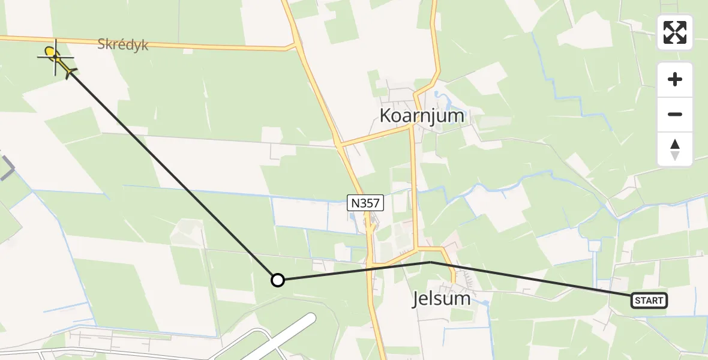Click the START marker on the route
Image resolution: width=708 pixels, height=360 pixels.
pyautogui.click(x=649, y=300)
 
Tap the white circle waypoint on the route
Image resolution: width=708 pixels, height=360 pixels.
pyautogui.click(x=277, y=280)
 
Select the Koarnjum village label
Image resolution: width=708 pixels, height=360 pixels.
pyautogui.click(x=422, y=116)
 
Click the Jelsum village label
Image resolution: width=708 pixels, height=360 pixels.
pyautogui.click(x=441, y=299)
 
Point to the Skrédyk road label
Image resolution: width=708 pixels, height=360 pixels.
pyautogui.click(x=122, y=45)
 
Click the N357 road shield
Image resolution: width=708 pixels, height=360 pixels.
pyautogui.click(x=364, y=203)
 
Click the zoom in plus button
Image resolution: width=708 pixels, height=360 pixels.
pyautogui.click(x=675, y=79)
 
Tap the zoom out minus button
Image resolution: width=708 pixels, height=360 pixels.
pyautogui.click(x=675, y=114)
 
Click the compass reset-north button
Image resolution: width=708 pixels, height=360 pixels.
pyautogui.click(x=675, y=149)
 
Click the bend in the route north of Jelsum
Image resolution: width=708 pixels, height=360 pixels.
pyautogui.click(x=430, y=262)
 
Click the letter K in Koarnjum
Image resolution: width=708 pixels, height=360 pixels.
pyautogui.click(x=386, y=116)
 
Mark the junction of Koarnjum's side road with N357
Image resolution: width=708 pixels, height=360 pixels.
pyautogui.click(x=340, y=146)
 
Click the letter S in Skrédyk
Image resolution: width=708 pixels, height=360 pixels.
pyautogui.click(x=102, y=45)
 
